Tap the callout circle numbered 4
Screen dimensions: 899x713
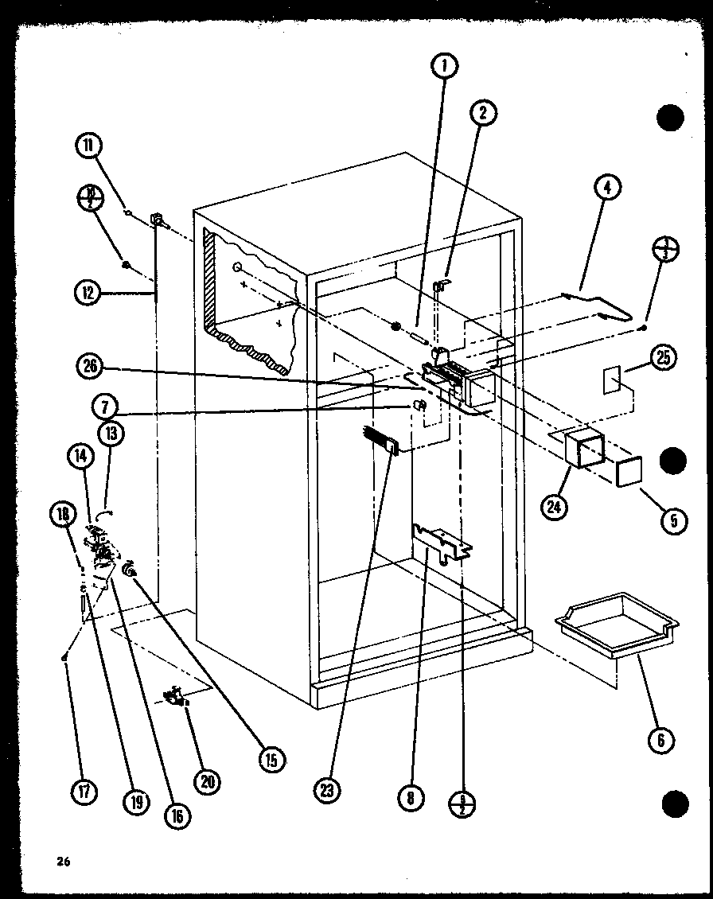coord(607,189)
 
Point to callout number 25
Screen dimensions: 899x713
coord(662,360)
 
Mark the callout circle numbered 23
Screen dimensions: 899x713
coord(328,790)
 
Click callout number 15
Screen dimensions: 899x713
coord(271,760)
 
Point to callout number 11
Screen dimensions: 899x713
coord(89,146)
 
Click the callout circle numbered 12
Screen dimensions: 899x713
coord(89,292)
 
